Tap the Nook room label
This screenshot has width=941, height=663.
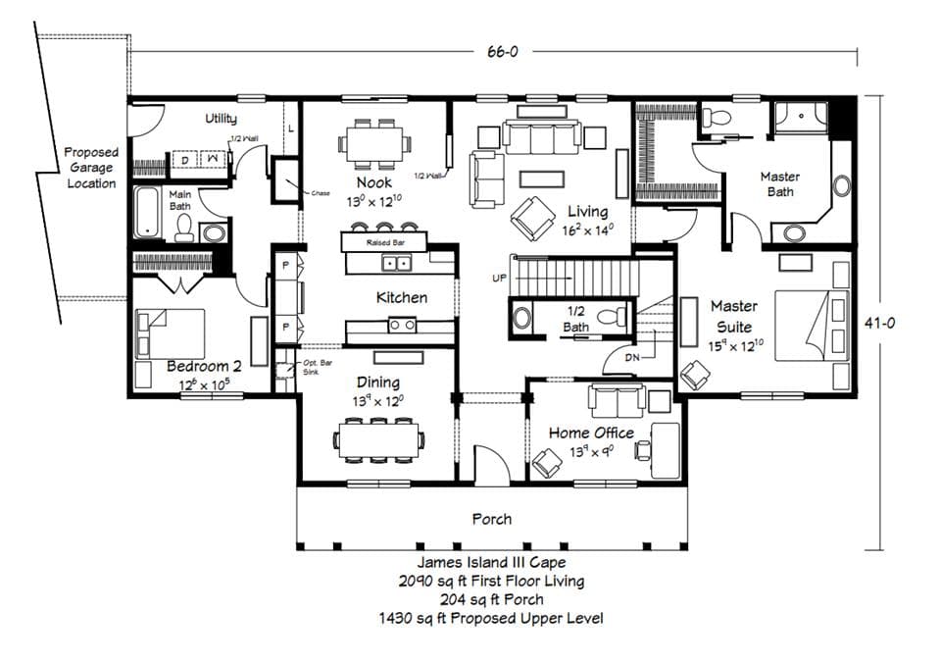pos(374,182)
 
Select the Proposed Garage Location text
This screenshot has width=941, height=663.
pos(91,168)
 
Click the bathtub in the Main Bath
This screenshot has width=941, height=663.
pos(146,212)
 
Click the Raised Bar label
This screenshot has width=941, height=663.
pos(382,241)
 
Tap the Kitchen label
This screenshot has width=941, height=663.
pos(402,297)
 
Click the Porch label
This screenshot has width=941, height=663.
pos(492,519)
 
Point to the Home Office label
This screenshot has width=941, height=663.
pos(591,433)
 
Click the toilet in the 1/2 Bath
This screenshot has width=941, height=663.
pos(613,316)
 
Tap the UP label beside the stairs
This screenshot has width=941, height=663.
pos(499,279)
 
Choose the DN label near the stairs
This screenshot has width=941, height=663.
pos(632,358)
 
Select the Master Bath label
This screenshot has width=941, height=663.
pos(780,184)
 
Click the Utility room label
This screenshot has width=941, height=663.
pos(221,119)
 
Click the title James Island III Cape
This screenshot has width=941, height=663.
pos(491,563)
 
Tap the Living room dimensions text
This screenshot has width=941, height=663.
pos(588,231)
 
